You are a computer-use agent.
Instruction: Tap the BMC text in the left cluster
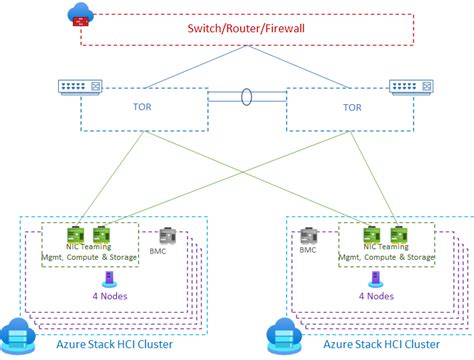(x=158, y=251)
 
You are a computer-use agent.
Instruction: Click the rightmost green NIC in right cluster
(x=397, y=232)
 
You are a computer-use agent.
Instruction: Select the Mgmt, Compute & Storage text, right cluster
(x=387, y=257)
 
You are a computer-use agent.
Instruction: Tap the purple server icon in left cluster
(x=94, y=280)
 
